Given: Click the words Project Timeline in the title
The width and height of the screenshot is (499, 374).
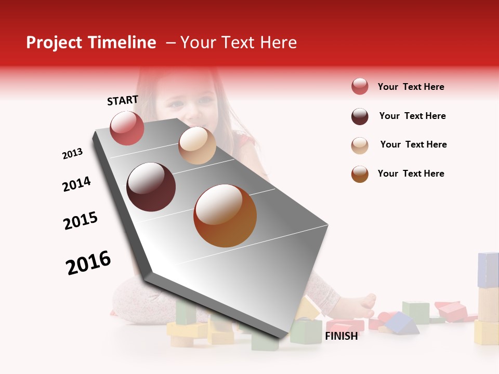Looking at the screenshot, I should [91, 43].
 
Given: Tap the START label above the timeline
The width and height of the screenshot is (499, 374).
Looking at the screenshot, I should [123, 100].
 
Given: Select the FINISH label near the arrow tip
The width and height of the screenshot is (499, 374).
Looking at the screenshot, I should [342, 336].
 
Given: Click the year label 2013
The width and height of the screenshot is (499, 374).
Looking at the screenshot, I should [72, 154].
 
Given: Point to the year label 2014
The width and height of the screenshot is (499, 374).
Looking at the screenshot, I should [76, 184].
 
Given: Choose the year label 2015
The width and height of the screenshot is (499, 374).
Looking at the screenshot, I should [81, 221].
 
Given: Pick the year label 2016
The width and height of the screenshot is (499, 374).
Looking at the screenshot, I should [88, 263].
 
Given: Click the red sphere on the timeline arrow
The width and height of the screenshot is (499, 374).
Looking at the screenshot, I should [127, 128].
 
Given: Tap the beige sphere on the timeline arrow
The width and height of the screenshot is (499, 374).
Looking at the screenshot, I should [197, 145].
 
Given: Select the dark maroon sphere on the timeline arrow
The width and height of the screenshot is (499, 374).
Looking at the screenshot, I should [151, 187].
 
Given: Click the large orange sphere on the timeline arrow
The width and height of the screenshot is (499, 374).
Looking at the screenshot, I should [225, 216].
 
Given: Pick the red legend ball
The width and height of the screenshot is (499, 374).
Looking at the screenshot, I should [360, 87].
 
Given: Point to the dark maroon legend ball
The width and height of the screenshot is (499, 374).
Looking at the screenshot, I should [360, 116].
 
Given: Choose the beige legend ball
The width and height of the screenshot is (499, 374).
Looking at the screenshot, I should [360, 145].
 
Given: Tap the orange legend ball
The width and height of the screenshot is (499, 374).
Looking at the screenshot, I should [360, 174].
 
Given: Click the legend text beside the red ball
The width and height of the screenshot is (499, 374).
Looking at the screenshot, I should [411, 87].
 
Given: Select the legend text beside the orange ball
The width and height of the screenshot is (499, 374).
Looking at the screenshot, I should [411, 173].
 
